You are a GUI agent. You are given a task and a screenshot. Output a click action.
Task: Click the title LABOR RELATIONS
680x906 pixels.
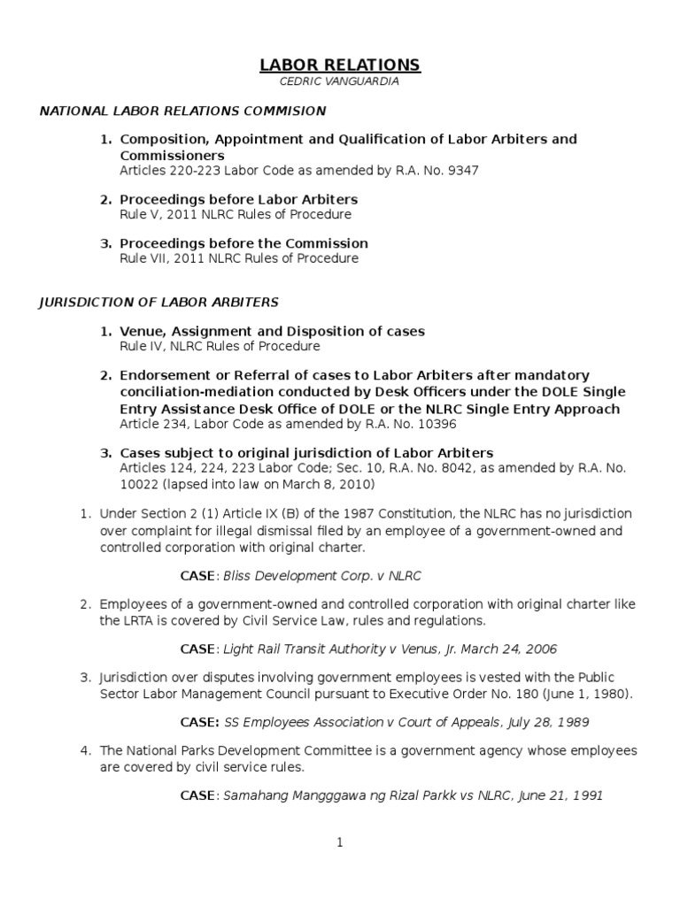click(x=340, y=65)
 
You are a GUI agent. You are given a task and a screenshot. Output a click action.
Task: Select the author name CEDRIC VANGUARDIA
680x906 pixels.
click(x=340, y=81)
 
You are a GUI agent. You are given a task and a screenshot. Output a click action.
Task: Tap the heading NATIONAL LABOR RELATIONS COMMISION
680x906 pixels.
click(x=182, y=111)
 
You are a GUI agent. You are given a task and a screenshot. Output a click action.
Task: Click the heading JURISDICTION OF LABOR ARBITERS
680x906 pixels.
click(x=158, y=303)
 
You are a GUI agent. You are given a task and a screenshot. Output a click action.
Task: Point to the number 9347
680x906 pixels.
click(x=462, y=171)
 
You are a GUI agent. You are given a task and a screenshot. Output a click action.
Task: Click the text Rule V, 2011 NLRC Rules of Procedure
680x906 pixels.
click(x=235, y=214)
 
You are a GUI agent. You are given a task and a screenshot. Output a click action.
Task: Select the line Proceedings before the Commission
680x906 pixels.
click(x=243, y=243)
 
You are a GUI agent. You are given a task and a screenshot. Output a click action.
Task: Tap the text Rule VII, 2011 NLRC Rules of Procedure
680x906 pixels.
click(x=239, y=258)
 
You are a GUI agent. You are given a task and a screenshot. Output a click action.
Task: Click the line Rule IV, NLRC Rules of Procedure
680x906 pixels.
click(x=220, y=346)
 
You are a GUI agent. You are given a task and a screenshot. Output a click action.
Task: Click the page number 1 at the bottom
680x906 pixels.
click(x=339, y=843)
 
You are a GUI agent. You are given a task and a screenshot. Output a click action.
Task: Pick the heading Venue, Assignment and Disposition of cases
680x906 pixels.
click(x=272, y=331)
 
